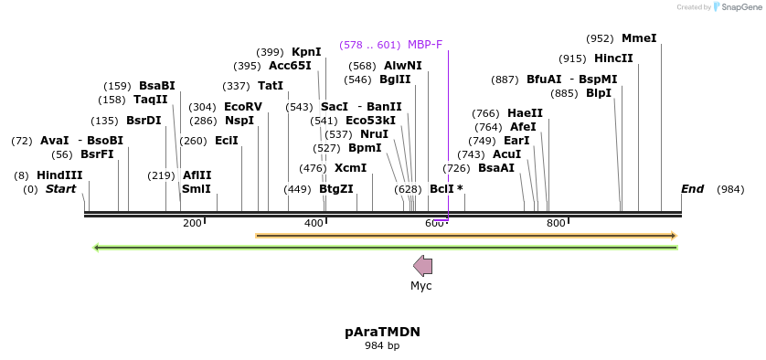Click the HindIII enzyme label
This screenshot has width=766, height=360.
pyautogui.click(x=59, y=175)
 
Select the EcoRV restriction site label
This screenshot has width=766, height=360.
pyautogui.click(x=243, y=107)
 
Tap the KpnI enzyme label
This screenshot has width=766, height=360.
pyautogui.click(x=306, y=52)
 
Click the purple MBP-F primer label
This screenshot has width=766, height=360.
pyautogui.click(x=425, y=44)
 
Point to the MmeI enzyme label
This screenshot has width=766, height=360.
pyautogui.click(x=639, y=38)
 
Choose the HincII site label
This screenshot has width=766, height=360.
pyautogui.click(x=613, y=58)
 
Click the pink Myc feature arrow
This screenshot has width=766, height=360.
pyautogui.click(x=422, y=266)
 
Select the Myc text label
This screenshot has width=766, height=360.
pyautogui.click(x=421, y=286)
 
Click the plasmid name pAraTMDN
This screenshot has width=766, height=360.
pyautogui.click(x=382, y=332)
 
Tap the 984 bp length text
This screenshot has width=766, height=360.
pyautogui.click(x=382, y=346)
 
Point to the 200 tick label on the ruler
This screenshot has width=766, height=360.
pyautogui.click(x=192, y=223)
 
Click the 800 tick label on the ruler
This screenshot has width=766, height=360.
pyautogui.click(x=556, y=223)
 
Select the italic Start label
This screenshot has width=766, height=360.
pyautogui.click(x=61, y=189)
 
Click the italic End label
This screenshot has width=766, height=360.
pyautogui.click(x=692, y=189)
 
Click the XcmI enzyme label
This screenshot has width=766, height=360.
pyautogui.click(x=350, y=168)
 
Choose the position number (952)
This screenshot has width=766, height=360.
pyautogui.click(x=600, y=38)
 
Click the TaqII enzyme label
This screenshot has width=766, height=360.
pyautogui.click(x=151, y=100)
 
